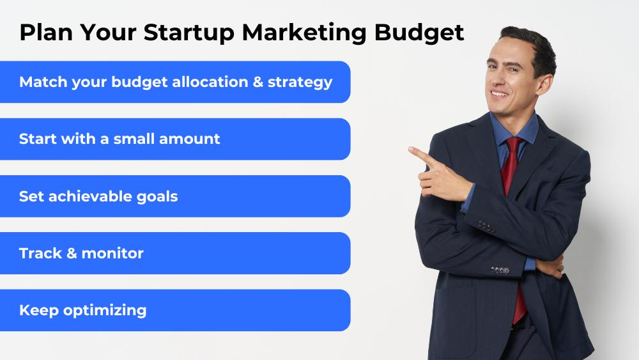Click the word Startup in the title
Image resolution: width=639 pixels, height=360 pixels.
(x=189, y=33)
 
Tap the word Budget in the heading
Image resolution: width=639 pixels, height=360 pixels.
(x=419, y=33)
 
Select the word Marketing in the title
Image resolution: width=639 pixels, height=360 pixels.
(x=304, y=33)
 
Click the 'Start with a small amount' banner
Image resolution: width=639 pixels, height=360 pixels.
(x=175, y=139)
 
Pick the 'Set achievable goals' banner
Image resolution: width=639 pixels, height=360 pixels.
(x=175, y=196)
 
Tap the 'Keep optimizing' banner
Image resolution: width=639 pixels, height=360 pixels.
(x=175, y=310)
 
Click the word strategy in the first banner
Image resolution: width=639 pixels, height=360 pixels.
(x=300, y=82)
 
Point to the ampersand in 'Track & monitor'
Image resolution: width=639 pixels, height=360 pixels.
(x=72, y=253)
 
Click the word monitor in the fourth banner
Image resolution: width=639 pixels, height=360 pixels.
(x=112, y=253)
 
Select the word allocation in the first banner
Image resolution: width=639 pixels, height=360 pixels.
(x=210, y=82)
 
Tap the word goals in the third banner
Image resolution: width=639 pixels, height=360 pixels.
(x=157, y=197)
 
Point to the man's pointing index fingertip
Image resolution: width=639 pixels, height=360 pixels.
(x=410, y=150)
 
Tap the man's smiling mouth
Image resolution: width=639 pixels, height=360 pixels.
(x=500, y=94)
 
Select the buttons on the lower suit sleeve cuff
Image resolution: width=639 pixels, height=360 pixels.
(x=500, y=270)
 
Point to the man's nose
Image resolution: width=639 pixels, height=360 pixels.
(x=493, y=78)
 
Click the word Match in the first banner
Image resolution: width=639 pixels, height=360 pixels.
(x=43, y=82)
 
